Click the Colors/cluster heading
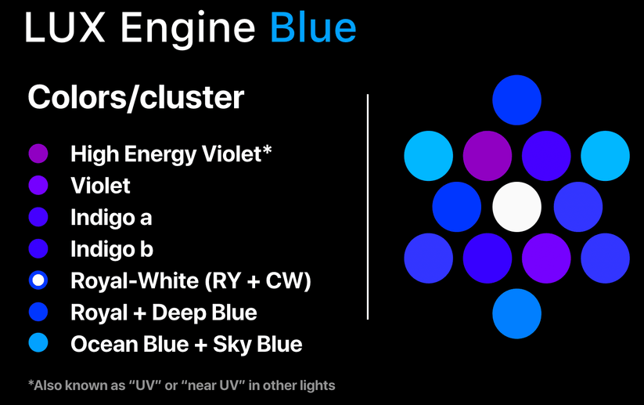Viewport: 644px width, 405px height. click(135, 99)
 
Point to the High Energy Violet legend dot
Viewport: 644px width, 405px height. click(38, 154)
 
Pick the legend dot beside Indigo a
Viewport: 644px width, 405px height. click(38, 217)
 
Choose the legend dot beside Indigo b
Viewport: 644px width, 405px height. click(38, 249)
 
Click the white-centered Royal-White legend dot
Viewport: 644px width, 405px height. click(38, 280)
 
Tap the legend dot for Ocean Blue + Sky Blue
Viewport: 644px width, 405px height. click(38, 343)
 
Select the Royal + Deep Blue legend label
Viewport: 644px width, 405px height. click(164, 313)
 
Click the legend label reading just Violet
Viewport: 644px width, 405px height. click(100, 186)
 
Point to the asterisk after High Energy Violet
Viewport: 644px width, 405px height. click(267, 149)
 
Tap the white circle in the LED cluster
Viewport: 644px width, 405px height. click(516, 207)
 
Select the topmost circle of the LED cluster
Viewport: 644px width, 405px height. click(516, 100)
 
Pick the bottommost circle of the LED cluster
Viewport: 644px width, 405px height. click(516, 313)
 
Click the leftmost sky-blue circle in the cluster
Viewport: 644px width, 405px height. click(428, 155)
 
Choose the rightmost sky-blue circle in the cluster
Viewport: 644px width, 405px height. click(605, 155)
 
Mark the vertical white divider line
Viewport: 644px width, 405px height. click(368, 207)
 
